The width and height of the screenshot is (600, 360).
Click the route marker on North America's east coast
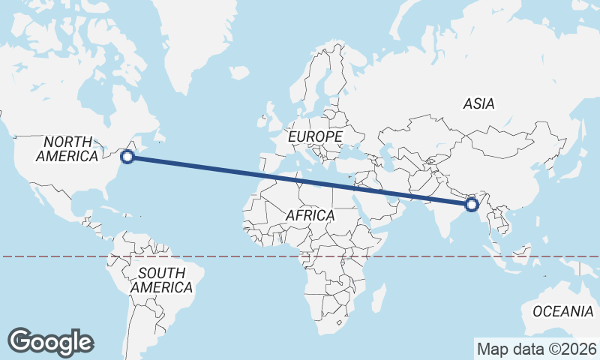coord(127,156)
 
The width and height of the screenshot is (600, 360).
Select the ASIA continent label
coord(478,104)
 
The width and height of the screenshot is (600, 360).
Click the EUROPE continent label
coord(315,137)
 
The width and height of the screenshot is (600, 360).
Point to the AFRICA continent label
coord(310,216)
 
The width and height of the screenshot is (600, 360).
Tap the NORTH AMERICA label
coord(67,148)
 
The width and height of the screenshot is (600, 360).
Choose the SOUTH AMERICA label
coord(161,280)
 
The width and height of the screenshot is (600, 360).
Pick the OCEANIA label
coord(562,311)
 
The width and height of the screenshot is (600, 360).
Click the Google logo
coord(50,342)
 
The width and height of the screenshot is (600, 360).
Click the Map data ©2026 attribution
coord(537,349)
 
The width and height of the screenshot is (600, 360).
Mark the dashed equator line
coord(225,256)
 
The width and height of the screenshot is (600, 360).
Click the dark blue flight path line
coord(300,180)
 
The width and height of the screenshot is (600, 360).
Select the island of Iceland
coord(238,73)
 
